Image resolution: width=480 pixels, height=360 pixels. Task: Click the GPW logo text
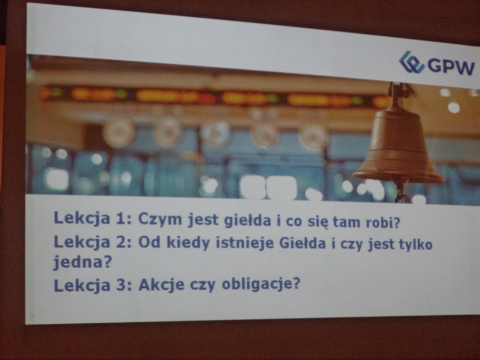pyautogui.click(x=451, y=66)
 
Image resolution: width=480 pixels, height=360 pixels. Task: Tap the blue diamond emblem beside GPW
pyautogui.click(x=411, y=62)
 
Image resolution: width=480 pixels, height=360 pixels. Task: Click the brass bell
pyautogui.click(x=398, y=143)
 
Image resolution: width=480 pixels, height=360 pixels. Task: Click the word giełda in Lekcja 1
pyautogui.click(x=247, y=220)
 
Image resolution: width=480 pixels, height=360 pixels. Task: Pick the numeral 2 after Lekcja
pyautogui.click(x=123, y=242)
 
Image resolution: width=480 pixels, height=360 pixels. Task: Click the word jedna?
pyautogui.click(x=82, y=262)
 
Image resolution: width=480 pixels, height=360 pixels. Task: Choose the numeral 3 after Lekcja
pyautogui.click(x=123, y=285)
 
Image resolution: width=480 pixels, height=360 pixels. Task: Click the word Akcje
pyautogui.click(x=161, y=285)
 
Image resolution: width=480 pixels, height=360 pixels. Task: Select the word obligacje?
pyautogui.click(x=260, y=284)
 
